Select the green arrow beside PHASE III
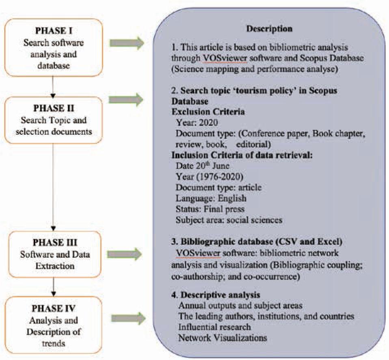(126, 254)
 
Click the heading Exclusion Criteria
(205, 110)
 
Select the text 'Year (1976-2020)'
(205, 177)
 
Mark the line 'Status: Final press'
(210, 209)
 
